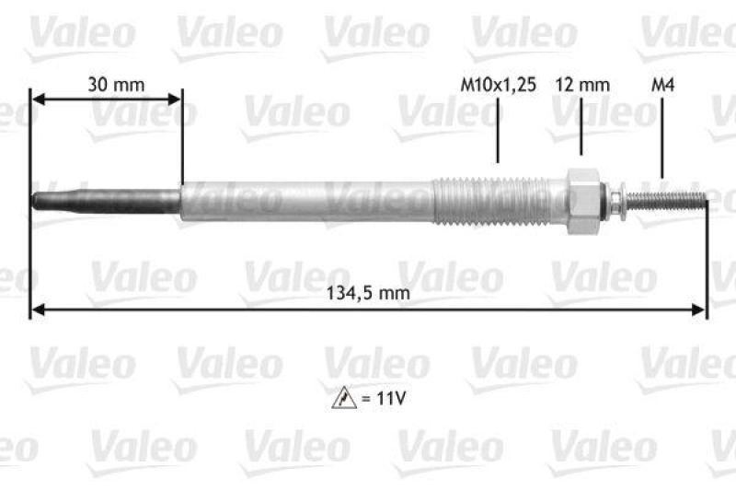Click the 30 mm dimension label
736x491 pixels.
coord(116,85)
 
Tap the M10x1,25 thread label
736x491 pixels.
coord(498,85)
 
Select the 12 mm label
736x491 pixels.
coord(582,85)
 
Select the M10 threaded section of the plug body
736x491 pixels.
coord(497,200)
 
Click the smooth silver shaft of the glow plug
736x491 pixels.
coord(304,200)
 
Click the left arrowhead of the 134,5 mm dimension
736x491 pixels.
coord(38,312)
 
